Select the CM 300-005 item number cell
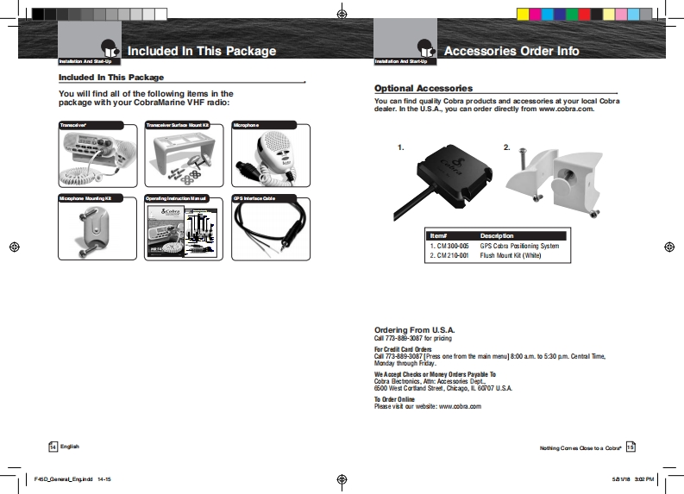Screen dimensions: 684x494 (x=449, y=246)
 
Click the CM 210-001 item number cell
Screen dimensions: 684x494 (x=449, y=255)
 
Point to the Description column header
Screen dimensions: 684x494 (x=497, y=235)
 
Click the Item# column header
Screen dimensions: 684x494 (x=438, y=235)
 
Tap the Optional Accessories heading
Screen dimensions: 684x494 (x=423, y=89)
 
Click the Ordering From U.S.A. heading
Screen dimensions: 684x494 (x=414, y=330)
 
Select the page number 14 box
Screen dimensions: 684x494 (x=53, y=447)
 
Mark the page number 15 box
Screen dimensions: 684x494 (x=631, y=447)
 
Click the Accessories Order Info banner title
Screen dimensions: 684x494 (x=511, y=51)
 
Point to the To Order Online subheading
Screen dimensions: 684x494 (x=394, y=399)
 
